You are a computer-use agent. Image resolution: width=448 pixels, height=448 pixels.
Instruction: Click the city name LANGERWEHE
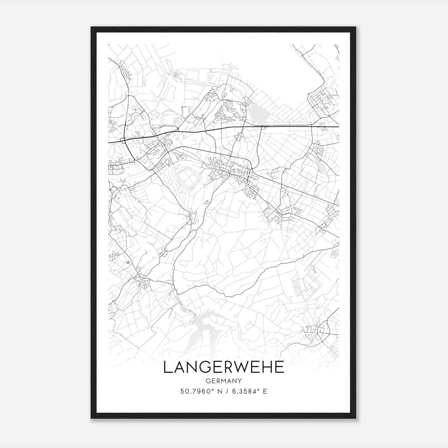223,367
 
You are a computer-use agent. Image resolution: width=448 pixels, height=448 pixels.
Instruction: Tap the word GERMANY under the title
223,381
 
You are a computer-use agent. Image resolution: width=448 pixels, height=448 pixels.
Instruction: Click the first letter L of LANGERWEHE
167,367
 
